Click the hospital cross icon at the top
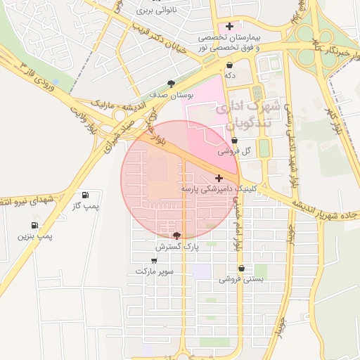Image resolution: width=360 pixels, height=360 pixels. coord(230,26)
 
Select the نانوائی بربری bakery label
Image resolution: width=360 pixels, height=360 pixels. coord(154,11)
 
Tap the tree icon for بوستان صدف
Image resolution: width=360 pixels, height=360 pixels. coord(172,84)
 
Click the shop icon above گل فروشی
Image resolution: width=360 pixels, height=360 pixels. coord(234,141)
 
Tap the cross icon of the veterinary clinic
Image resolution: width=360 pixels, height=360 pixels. coord(219,179)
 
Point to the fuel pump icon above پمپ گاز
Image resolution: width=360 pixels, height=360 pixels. coord(86,195)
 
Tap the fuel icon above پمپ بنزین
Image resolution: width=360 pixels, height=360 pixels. coord(34,226)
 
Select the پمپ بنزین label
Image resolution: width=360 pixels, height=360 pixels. coord(36,237)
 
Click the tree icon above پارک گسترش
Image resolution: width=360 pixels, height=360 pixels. coord(176,236)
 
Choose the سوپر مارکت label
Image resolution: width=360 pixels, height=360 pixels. coord(154,271)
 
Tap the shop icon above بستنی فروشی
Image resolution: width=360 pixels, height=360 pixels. coord(242,269)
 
